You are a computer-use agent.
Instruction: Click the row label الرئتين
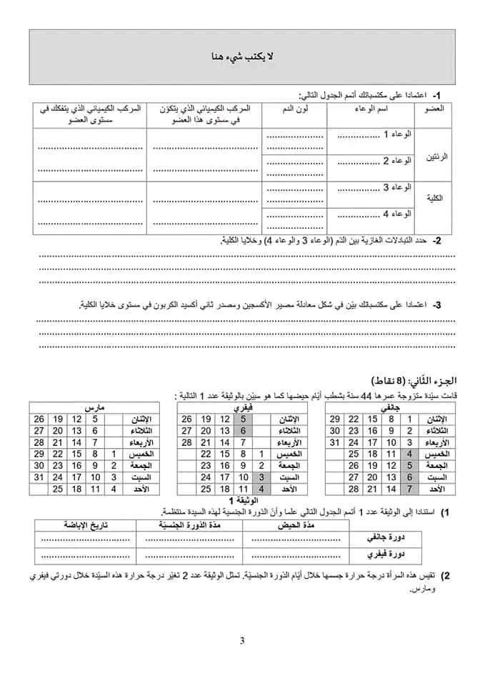tap(437, 156)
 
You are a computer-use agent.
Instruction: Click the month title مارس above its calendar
tap(95, 406)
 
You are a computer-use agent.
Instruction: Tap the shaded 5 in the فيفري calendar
tap(243, 419)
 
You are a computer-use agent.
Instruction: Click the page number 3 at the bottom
tap(242, 640)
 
